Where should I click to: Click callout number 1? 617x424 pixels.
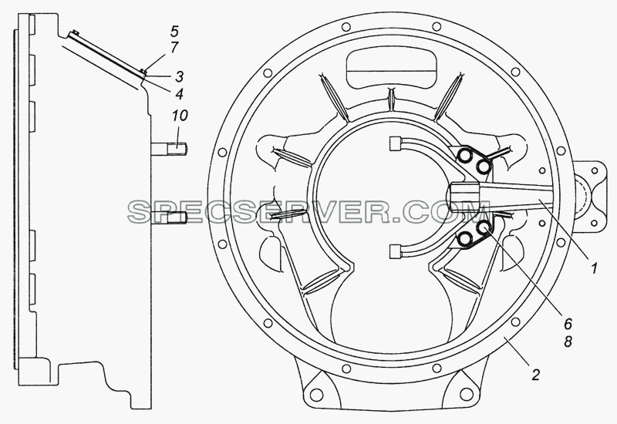(594, 268)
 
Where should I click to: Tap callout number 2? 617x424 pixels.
(535, 375)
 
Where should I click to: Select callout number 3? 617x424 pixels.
(180, 76)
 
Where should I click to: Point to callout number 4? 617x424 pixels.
(180, 93)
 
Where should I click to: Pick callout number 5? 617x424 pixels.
(175, 31)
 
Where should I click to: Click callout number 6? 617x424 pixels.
(568, 324)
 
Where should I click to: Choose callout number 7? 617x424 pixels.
(175, 47)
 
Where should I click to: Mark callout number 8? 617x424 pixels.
(568, 342)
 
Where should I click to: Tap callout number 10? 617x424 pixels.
(180, 115)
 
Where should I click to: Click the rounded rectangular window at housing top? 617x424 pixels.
(392, 70)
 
